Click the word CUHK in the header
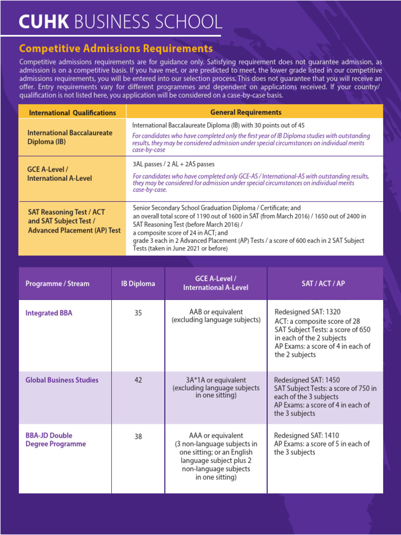43,21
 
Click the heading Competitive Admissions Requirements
116,49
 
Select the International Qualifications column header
73,112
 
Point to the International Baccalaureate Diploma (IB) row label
70,137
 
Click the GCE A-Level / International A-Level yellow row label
60,174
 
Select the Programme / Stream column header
57,284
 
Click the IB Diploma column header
138,284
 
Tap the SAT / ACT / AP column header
323,284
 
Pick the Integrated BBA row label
49,313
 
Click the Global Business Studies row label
62,380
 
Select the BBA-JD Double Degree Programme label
56,439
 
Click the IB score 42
138,380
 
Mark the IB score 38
138,436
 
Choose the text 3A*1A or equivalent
216,380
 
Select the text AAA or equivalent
216,435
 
